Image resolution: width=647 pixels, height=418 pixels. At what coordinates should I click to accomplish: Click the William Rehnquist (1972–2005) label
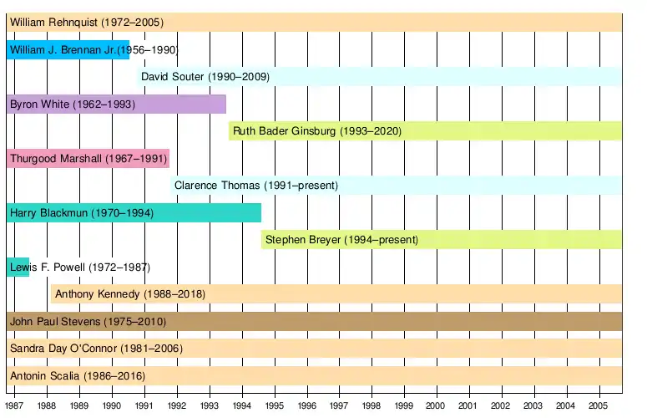click(x=87, y=23)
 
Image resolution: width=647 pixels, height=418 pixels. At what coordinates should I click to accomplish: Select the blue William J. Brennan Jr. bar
click(x=68, y=50)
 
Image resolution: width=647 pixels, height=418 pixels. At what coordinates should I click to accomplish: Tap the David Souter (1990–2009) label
click(x=205, y=77)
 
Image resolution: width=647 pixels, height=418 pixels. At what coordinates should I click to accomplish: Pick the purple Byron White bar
click(x=115, y=104)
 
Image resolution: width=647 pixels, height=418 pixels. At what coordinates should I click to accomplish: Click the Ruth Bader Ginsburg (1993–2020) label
click(x=317, y=131)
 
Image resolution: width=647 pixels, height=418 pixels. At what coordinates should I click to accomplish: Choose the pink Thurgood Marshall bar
click(x=88, y=158)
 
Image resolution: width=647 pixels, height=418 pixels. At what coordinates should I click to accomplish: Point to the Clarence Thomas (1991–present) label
click(x=255, y=186)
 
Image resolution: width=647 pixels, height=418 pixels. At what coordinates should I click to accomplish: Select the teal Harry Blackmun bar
click(x=134, y=213)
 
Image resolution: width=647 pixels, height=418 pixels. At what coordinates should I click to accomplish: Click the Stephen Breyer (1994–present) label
click(x=341, y=240)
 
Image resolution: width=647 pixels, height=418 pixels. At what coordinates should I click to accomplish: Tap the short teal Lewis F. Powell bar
click(x=18, y=268)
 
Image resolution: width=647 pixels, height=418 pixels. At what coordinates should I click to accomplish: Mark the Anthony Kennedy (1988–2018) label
click(x=129, y=294)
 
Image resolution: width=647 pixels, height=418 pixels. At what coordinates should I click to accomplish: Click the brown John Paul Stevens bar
click(x=314, y=322)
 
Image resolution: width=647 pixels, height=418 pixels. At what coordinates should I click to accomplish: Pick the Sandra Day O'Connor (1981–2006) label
click(x=96, y=349)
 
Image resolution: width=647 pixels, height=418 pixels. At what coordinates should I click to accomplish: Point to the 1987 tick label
click(x=14, y=405)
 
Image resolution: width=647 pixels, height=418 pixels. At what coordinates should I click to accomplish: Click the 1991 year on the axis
click(x=144, y=405)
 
